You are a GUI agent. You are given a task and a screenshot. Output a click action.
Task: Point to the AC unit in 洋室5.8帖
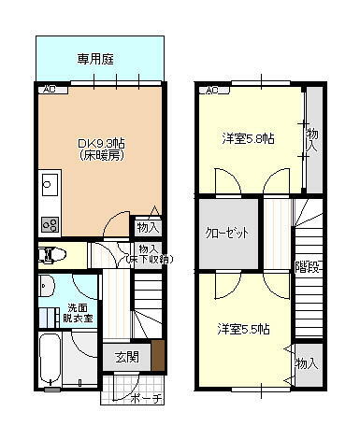212,91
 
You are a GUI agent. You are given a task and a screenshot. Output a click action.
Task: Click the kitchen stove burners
49,224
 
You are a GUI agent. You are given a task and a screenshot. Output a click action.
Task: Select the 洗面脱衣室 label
79,313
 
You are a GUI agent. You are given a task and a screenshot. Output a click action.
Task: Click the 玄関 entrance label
127,356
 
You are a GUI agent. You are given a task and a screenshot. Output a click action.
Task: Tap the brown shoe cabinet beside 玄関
157,355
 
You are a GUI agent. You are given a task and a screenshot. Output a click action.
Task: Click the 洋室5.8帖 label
248,139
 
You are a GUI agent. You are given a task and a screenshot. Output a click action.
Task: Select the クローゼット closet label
227,233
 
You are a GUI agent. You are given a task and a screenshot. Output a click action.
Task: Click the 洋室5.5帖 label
244,329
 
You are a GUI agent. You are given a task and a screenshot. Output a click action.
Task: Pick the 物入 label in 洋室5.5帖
306,362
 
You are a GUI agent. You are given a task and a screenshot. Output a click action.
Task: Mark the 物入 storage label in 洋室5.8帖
312,140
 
